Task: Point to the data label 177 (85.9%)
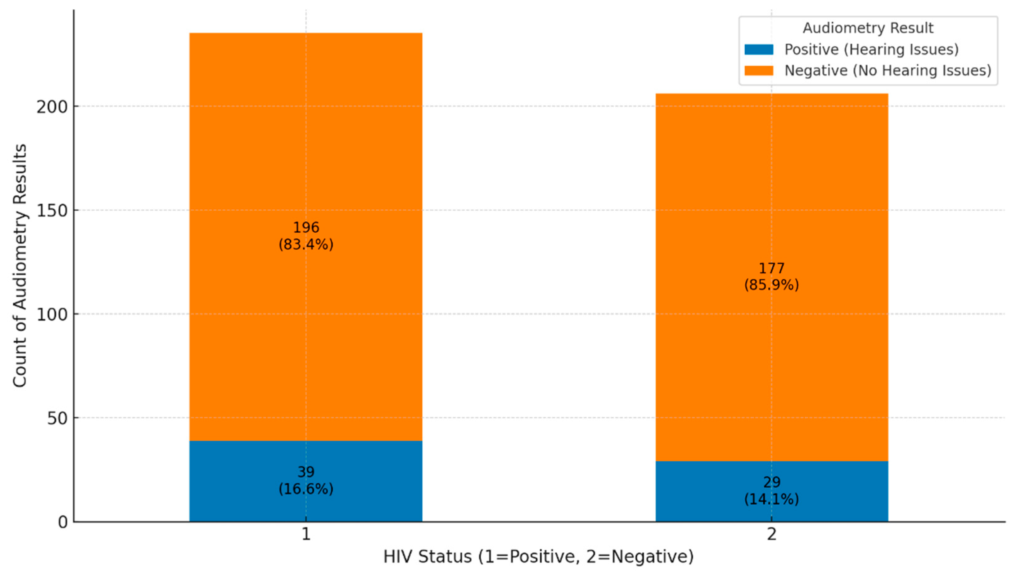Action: click(x=771, y=277)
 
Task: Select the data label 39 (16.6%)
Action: click(x=306, y=480)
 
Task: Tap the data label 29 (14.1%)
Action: click(x=771, y=491)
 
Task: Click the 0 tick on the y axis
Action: click(x=63, y=522)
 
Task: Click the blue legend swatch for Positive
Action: click(x=758, y=50)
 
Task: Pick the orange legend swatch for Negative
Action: click(x=758, y=70)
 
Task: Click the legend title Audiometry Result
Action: click(x=868, y=28)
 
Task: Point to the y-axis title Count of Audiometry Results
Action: click(x=20, y=266)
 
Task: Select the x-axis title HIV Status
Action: click(x=538, y=556)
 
